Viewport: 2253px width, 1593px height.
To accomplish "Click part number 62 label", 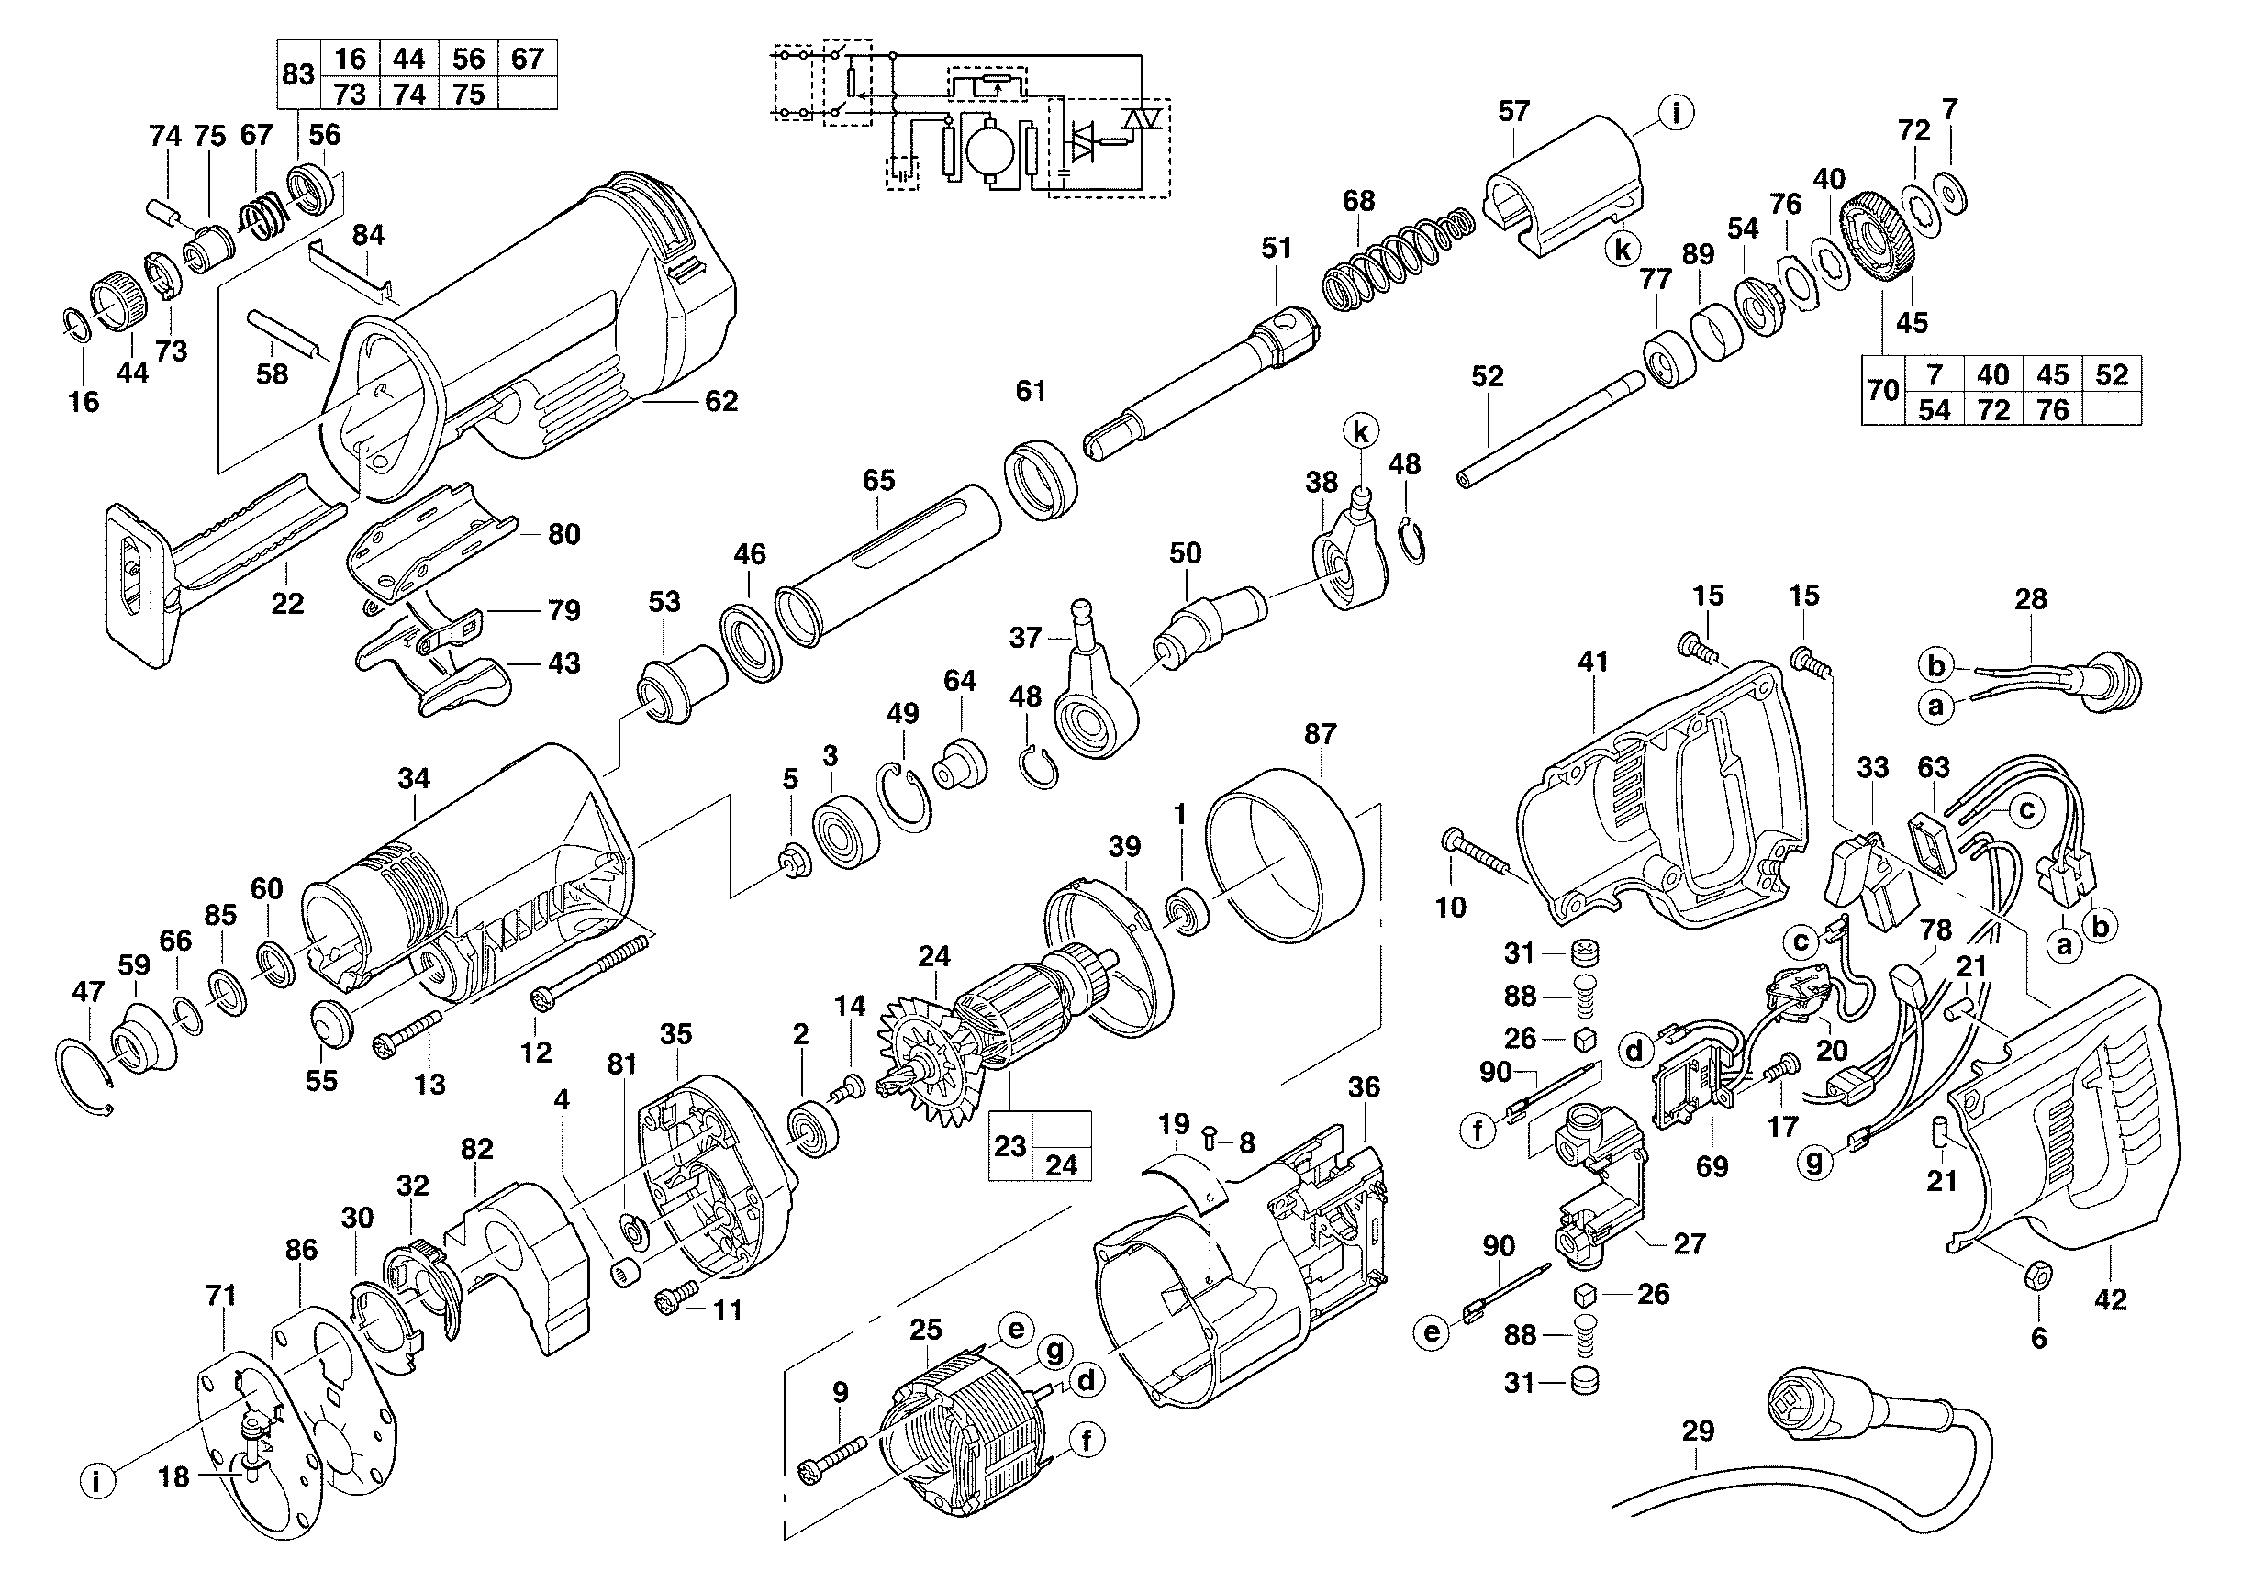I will [x=721, y=401].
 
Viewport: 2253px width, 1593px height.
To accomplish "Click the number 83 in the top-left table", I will [x=298, y=74].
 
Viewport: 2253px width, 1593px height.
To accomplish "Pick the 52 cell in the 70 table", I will [x=2112, y=374].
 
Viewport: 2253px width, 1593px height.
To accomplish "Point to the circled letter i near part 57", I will [x=1676, y=113].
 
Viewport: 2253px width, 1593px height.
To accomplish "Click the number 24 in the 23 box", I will [x=1061, y=1164].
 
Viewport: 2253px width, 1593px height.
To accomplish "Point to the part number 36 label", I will [x=1364, y=1086].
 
